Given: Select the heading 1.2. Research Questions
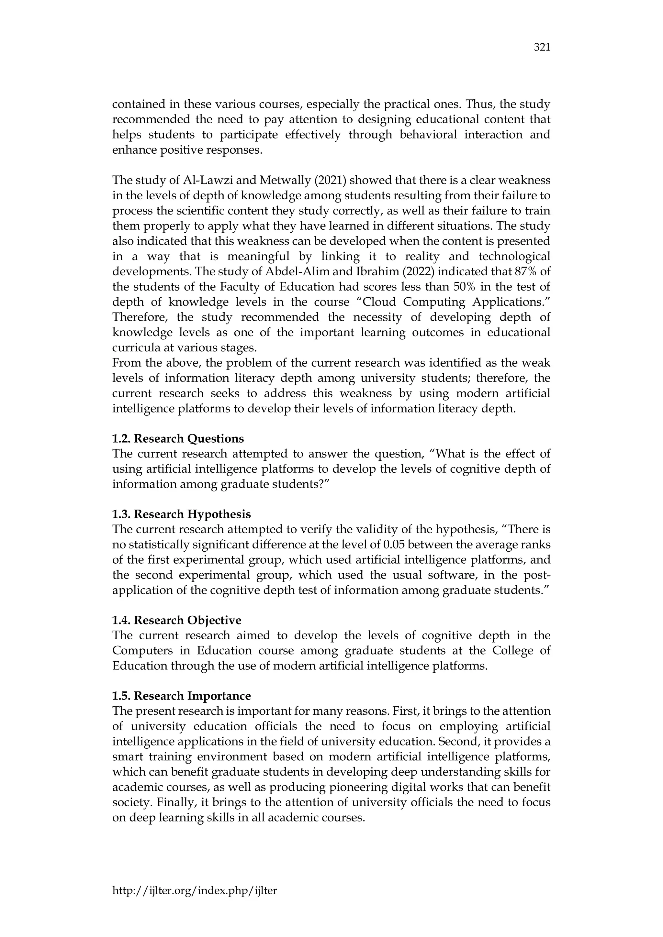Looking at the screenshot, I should click(x=178, y=438).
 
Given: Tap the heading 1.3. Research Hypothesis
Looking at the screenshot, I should click(x=181, y=514).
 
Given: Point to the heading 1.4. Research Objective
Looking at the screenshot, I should click(x=177, y=620).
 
